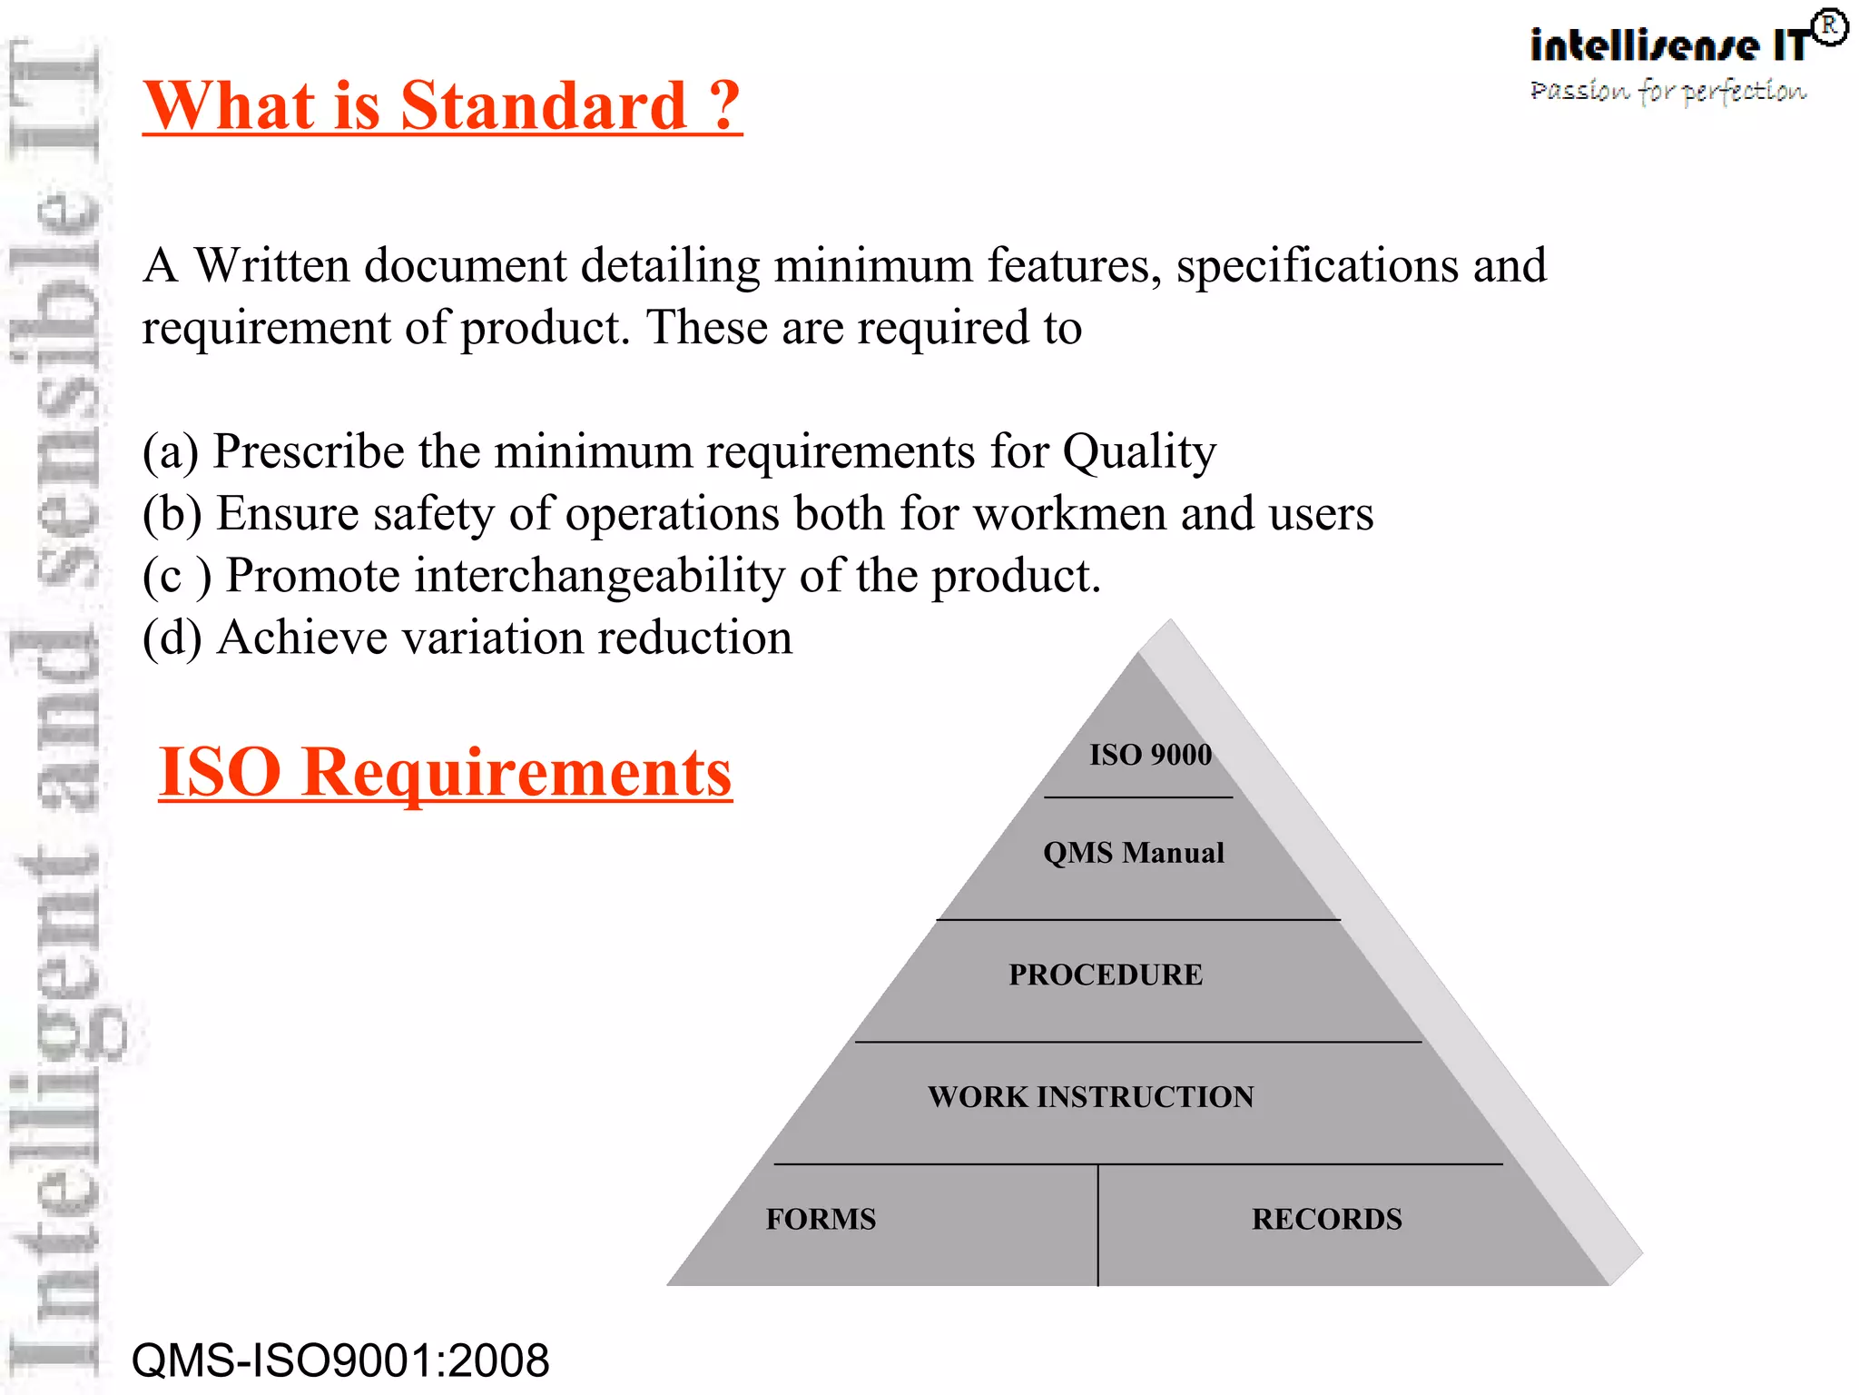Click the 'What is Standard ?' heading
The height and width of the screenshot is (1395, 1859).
[442, 106]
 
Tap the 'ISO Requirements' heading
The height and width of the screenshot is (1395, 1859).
[445, 772]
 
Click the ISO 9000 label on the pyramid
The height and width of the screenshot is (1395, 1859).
[1150, 755]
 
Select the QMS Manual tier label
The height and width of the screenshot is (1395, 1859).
[1134, 853]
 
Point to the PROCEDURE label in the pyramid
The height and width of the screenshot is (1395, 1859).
[1106, 975]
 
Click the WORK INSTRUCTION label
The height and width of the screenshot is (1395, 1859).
[1090, 1097]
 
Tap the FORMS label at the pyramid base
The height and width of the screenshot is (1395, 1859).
[821, 1219]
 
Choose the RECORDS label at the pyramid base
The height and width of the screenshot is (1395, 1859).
[1326, 1219]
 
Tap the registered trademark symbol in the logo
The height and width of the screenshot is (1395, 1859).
[1830, 27]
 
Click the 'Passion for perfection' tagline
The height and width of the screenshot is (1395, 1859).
[1667, 91]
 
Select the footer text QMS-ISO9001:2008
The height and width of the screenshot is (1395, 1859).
[340, 1360]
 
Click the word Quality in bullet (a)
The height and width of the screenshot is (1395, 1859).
[1139, 451]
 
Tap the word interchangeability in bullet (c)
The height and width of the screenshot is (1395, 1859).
[600, 576]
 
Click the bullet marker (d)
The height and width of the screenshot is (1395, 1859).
[172, 638]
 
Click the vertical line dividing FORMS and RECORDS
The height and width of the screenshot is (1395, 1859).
[1097, 1225]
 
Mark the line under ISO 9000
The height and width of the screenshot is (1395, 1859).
[1138, 797]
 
